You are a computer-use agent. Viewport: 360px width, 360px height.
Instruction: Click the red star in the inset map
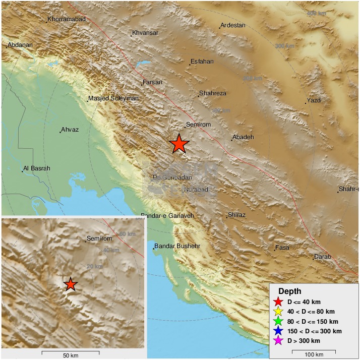coord(71,284)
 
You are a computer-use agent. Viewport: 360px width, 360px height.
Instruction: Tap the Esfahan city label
coord(202,62)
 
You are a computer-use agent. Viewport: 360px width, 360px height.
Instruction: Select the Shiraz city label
coord(237,215)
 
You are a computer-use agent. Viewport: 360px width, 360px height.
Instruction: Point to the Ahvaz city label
coord(70,130)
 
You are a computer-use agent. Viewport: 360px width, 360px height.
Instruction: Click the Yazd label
coord(314,100)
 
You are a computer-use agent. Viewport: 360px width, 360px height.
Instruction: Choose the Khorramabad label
coord(67,20)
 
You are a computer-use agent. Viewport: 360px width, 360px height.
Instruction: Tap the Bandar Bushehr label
coord(177,246)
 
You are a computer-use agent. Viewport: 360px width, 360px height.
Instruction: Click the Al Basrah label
coord(37,168)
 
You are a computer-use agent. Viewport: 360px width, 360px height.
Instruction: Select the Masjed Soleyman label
coord(113,98)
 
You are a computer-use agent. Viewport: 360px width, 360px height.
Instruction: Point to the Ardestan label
coord(233,25)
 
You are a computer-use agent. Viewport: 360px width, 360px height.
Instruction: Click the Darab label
coord(322,257)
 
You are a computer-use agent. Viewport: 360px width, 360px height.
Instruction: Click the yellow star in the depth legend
coord(278,311)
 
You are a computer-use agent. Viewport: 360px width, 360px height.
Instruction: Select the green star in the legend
coord(278,321)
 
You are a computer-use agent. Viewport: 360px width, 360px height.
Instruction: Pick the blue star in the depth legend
coord(278,331)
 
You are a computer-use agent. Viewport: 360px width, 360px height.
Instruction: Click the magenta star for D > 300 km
coord(278,341)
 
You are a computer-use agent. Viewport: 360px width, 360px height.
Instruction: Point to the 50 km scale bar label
coord(71,355)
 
